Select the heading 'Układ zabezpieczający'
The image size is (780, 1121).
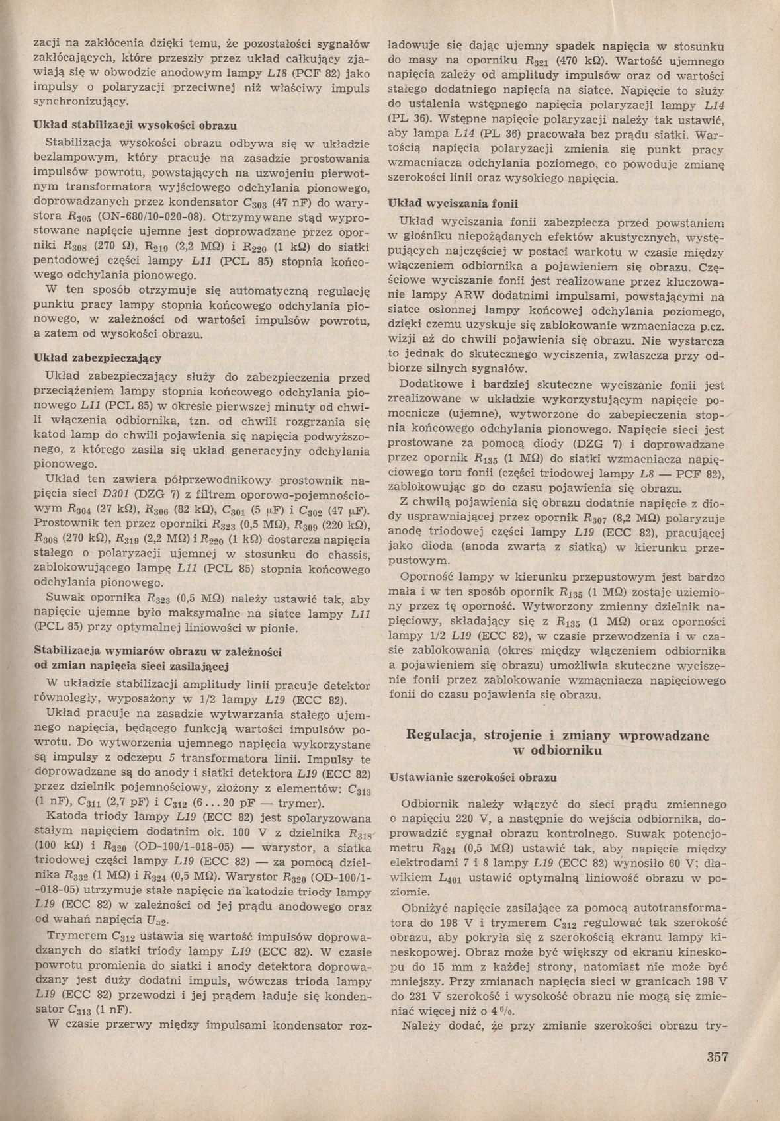pyautogui.click(x=98, y=358)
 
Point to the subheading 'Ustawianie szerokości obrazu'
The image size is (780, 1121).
pyautogui.click(x=473, y=778)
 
